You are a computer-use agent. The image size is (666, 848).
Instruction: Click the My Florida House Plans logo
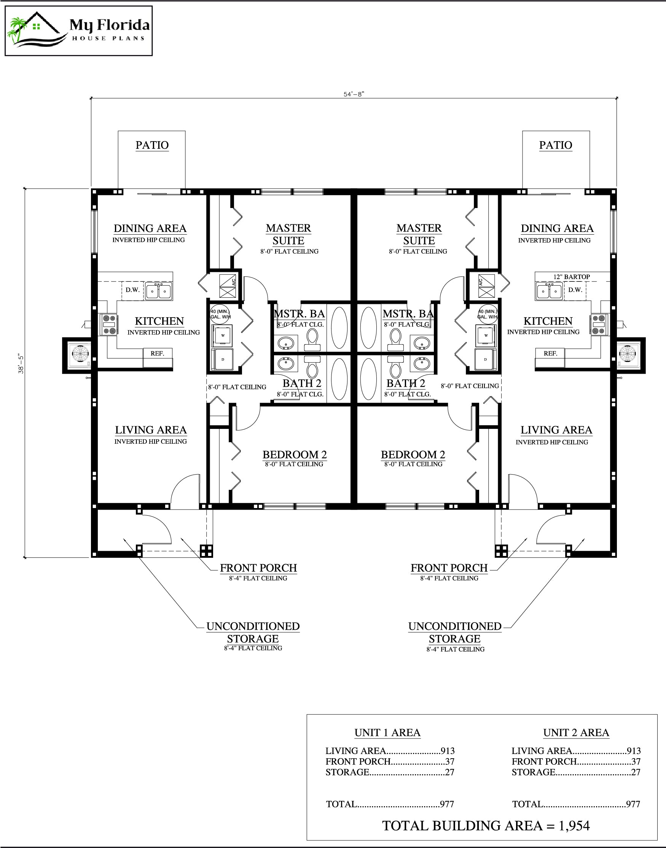click(x=78, y=31)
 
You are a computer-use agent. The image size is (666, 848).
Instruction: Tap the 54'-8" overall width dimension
click(x=353, y=94)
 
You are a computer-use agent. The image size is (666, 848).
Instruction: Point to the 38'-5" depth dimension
click(x=21, y=364)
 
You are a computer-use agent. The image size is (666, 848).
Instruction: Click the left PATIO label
click(x=152, y=145)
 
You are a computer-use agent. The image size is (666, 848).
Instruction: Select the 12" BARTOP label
click(x=571, y=276)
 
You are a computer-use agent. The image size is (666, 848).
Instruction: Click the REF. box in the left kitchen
click(x=158, y=354)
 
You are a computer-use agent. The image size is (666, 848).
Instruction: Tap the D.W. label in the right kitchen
click(x=575, y=290)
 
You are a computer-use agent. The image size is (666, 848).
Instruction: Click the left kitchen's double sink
click(x=158, y=291)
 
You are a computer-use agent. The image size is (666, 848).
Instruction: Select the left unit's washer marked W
click(x=223, y=335)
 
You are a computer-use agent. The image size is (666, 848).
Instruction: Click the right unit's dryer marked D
click(x=486, y=359)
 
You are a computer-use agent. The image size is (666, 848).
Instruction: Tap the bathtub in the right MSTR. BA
click(x=368, y=327)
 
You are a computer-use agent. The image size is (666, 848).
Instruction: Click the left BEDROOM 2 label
click(x=295, y=454)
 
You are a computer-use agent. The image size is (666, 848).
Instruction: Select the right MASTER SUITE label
click(x=419, y=234)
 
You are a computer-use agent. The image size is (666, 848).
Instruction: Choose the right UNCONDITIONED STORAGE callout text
click(x=455, y=633)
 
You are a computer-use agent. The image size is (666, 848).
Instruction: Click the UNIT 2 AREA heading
click(x=575, y=733)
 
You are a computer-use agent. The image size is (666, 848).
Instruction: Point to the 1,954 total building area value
click(x=574, y=826)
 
